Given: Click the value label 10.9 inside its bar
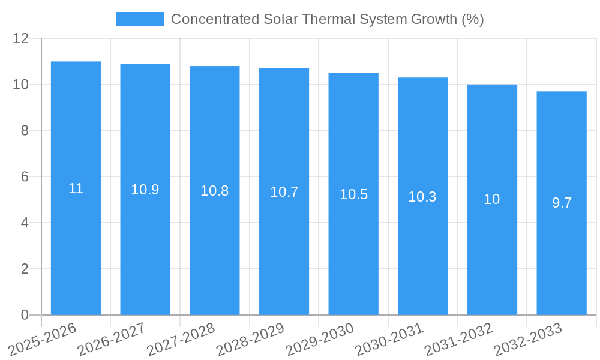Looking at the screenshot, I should click(145, 190).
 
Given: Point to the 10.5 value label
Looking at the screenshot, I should click(353, 194).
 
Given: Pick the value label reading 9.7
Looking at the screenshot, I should click(562, 203).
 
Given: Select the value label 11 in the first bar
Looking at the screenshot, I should click(76, 188).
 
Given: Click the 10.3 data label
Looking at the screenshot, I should click(422, 197).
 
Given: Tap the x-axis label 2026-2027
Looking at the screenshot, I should click(112, 339).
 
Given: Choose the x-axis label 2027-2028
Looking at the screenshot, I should click(181, 339).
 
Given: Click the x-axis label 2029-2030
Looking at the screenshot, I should click(320, 339).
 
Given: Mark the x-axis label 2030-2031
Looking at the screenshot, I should click(389, 339).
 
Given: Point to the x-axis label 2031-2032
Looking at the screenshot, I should click(459, 339).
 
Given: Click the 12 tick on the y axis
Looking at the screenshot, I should click(21, 38).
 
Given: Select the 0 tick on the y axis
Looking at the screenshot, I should click(25, 315).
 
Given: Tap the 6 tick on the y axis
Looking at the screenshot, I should click(25, 177).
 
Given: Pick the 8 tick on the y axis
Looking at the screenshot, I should click(25, 131).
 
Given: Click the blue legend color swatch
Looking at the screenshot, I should click(139, 19).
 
